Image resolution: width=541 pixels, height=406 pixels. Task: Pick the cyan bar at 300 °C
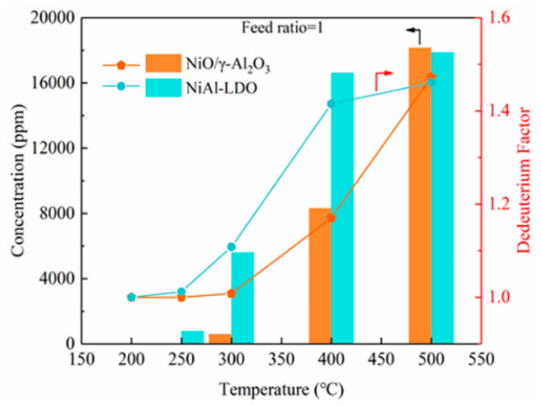click(x=243, y=298)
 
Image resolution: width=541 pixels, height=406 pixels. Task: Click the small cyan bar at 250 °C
click(x=192, y=337)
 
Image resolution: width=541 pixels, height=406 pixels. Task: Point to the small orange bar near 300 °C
click(x=220, y=338)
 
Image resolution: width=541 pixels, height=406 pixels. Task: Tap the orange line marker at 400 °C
click(x=331, y=218)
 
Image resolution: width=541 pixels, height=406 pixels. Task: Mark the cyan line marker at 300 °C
click(x=231, y=247)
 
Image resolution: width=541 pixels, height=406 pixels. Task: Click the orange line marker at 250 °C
click(x=181, y=297)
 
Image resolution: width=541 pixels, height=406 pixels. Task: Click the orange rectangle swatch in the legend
click(x=163, y=63)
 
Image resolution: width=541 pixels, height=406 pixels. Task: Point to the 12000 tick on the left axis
click(x=57, y=148)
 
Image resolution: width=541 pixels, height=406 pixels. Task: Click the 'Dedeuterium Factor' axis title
click(x=525, y=180)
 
